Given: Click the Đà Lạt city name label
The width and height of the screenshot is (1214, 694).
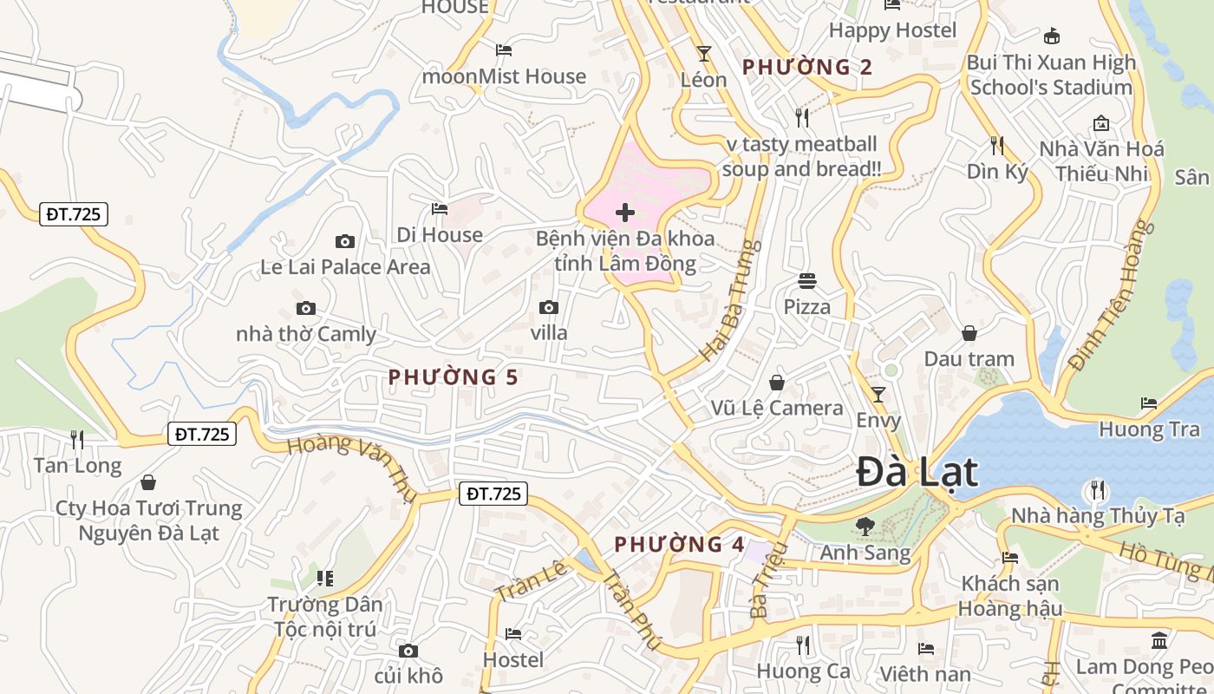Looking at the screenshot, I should click(x=917, y=473).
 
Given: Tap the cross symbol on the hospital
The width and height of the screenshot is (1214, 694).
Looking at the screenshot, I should click(x=624, y=213).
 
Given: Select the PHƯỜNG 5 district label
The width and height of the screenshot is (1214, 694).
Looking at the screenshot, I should click(x=453, y=377).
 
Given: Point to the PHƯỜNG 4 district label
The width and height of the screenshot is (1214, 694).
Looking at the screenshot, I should click(x=679, y=545).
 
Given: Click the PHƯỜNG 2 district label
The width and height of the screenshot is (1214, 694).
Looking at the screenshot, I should click(x=806, y=67).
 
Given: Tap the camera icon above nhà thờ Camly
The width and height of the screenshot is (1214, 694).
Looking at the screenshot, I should click(x=305, y=308).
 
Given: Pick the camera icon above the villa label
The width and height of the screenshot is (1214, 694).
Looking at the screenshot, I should click(x=548, y=307).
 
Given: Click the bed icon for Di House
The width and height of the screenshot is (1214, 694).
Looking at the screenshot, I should click(x=440, y=209).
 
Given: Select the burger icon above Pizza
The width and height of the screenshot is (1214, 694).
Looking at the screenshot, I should click(x=807, y=280).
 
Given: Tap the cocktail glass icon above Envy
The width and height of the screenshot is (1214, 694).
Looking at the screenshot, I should click(x=878, y=395).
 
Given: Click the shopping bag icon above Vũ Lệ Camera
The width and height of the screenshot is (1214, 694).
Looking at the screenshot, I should click(x=777, y=382).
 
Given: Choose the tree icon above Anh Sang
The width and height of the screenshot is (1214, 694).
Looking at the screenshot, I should click(x=865, y=525).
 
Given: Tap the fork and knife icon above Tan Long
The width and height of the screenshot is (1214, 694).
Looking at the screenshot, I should click(x=77, y=440).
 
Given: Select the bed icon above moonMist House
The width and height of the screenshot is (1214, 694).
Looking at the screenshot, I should click(x=503, y=50).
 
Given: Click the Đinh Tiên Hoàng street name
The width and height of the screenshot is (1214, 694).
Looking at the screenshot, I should click(x=1113, y=295).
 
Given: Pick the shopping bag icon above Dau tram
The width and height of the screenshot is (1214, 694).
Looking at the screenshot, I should click(x=969, y=333).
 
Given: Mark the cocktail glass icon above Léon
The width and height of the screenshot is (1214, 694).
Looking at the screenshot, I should click(x=703, y=54).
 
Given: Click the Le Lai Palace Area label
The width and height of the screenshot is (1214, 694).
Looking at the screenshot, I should click(x=345, y=267).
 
